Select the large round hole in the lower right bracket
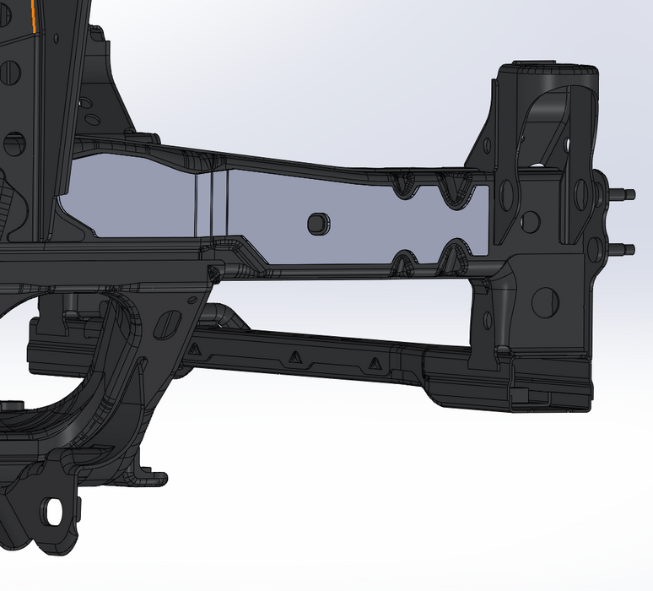[545, 298]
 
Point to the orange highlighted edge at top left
[32, 15]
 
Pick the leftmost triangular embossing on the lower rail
[195, 348]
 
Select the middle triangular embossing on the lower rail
[294, 356]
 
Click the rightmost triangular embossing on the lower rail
[375, 366]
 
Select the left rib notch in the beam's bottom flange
[407, 258]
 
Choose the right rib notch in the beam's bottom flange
[455, 255]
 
